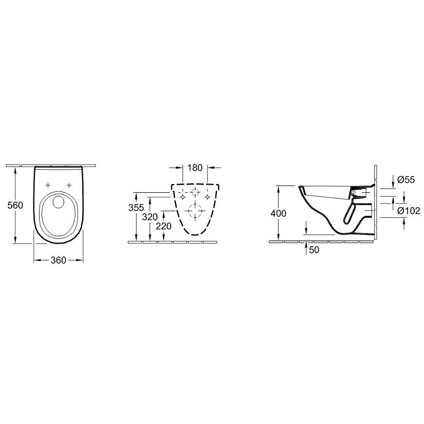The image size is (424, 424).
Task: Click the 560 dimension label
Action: point(15,205)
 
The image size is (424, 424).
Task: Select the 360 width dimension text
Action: point(58,260)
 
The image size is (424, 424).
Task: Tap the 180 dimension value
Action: point(195,168)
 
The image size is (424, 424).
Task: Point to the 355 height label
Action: point(136,208)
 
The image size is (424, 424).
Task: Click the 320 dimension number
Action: point(150,217)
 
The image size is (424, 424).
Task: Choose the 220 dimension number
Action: point(163,226)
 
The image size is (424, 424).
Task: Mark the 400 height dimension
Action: point(278,213)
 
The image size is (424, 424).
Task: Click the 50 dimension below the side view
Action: point(314,250)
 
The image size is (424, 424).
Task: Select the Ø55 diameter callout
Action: point(406,179)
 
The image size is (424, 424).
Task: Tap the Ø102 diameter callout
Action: point(409,211)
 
